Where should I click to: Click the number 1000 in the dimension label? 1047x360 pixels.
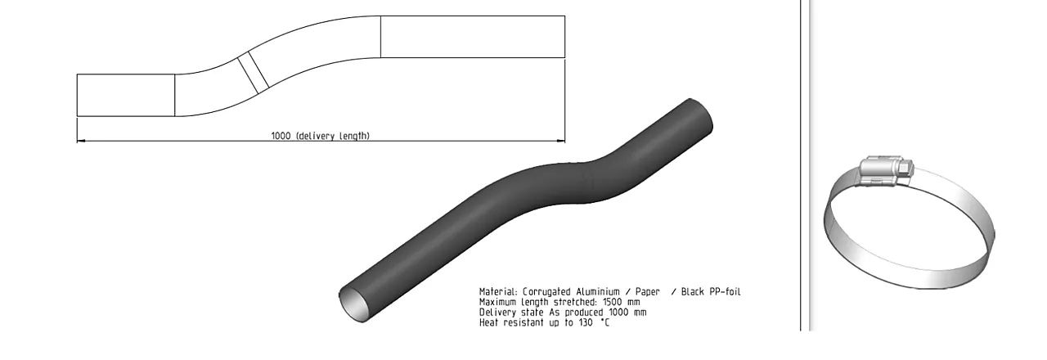pyautogui.click(x=281, y=136)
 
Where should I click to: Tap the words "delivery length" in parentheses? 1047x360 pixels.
pyautogui.click(x=333, y=136)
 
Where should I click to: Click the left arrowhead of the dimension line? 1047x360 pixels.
pyautogui.click(x=81, y=140)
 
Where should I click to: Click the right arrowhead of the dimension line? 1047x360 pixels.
pyautogui.click(x=560, y=140)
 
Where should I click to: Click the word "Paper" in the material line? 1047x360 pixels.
pyautogui.click(x=646, y=292)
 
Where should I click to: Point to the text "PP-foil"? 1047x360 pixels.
pyautogui.click(x=725, y=292)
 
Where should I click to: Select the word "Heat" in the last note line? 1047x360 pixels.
pyautogui.click(x=489, y=322)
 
